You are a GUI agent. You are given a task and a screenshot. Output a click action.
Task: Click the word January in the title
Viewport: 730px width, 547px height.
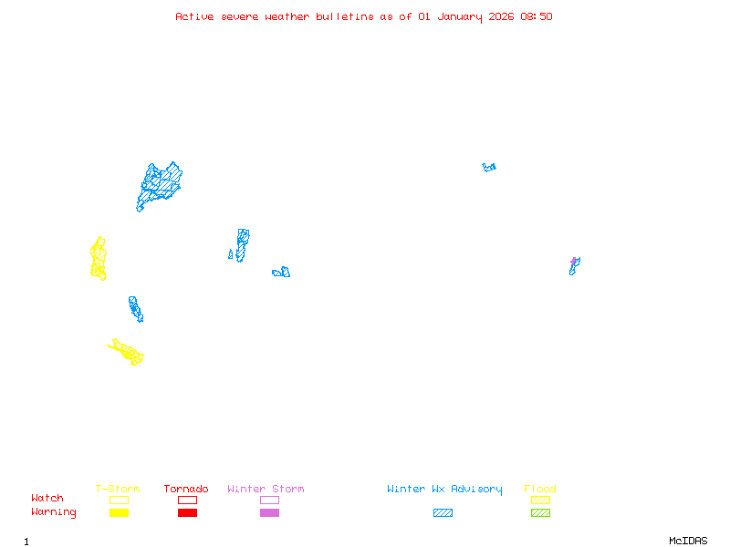click(457, 16)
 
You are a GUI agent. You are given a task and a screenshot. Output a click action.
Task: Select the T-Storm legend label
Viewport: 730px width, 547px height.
click(118, 490)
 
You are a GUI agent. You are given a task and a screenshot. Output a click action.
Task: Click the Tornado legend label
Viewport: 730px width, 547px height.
click(186, 490)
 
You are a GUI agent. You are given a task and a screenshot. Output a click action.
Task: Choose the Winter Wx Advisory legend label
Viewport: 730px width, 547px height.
click(444, 490)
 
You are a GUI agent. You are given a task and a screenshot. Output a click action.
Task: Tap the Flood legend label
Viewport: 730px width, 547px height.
click(540, 490)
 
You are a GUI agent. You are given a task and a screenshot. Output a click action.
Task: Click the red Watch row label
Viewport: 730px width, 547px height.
click(47, 499)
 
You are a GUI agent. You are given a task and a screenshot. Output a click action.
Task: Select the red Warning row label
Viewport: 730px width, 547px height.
click(54, 512)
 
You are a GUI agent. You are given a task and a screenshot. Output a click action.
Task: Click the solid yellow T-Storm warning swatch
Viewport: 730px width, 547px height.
click(119, 513)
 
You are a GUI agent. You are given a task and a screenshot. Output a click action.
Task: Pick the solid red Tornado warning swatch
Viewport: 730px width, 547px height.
click(187, 513)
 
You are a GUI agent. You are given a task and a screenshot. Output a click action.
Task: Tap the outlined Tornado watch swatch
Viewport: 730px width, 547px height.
click(187, 500)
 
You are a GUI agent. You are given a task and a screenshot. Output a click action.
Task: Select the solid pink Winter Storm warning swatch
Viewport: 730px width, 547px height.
click(269, 513)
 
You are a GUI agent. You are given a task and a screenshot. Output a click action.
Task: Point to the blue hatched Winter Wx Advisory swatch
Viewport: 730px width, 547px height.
click(443, 513)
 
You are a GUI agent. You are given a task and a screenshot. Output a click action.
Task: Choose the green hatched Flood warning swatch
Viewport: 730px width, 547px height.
click(540, 513)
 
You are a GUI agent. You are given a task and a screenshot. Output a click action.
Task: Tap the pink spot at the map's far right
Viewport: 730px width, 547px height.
click(574, 261)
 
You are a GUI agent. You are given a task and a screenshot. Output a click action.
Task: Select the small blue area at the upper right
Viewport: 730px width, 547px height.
click(489, 167)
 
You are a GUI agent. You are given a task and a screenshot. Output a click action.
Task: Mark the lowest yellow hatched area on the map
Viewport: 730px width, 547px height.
click(127, 351)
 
